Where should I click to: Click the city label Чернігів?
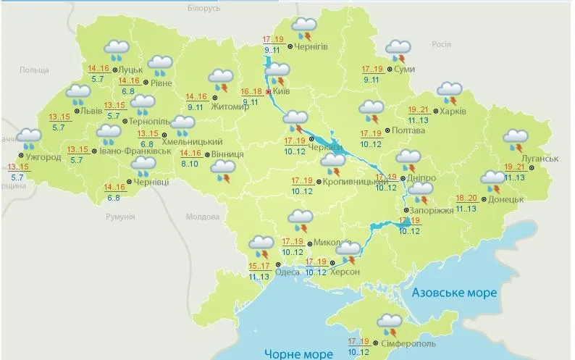(312, 46)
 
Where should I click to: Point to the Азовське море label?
(453, 293)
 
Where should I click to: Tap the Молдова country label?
(202, 217)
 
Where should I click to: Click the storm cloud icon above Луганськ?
(516, 139)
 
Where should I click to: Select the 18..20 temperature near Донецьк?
(467, 198)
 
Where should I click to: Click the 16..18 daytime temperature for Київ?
(252, 92)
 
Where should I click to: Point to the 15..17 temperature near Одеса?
(259, 267)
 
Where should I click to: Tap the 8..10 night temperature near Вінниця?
(190, 164)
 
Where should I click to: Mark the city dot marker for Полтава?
(387, 132)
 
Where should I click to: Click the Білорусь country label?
(203, 8)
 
